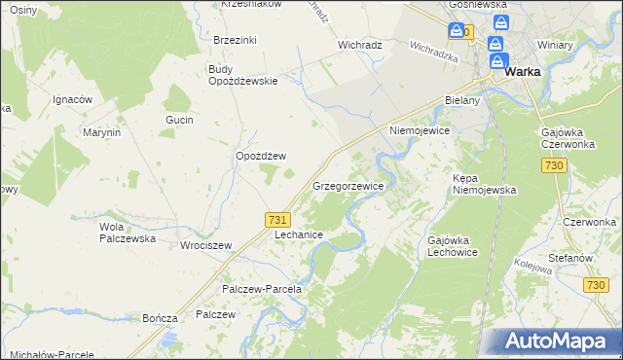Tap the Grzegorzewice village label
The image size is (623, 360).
tap(348, 185)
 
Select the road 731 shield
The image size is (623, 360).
tap(277, 221)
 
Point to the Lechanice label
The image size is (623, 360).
tap(298, 235)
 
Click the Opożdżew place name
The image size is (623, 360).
tap(260, 156)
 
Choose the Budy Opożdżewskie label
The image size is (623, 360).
tap(243, 75)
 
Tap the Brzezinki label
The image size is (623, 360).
tap(235, 40)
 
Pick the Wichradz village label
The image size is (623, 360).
tap(359, 45)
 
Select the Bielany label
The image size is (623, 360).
tap(462, 100)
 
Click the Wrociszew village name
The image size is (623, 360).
tap(205, 246)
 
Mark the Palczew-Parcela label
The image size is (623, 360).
tap(264, 289)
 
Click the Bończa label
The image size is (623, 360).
tap(160, 318)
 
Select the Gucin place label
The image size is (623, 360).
tap(180, 120)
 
